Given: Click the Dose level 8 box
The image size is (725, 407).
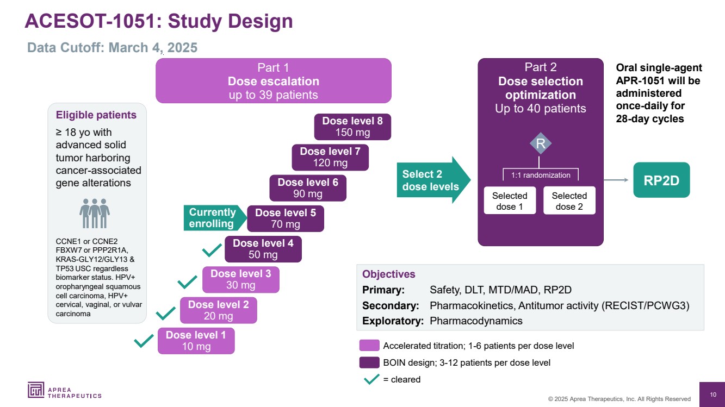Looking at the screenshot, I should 352,127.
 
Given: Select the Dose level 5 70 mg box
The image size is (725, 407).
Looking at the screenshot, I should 285,218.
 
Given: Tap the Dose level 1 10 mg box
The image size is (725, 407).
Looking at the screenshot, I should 196,341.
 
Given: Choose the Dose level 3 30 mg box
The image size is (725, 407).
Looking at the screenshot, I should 240,279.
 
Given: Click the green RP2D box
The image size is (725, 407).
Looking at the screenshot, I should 661,180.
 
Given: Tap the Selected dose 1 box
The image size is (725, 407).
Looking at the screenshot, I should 510,201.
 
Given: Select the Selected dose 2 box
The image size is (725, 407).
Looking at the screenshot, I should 569,201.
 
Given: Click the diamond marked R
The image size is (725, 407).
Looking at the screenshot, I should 541,144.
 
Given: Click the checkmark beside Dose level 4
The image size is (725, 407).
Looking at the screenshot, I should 212,251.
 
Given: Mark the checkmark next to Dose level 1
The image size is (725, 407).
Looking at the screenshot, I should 144,341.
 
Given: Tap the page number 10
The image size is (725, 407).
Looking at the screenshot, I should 712,395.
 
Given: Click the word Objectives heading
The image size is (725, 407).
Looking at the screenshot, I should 388,274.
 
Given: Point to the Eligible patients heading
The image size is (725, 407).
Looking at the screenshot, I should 96,115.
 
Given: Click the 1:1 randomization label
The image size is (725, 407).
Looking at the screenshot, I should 541,175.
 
